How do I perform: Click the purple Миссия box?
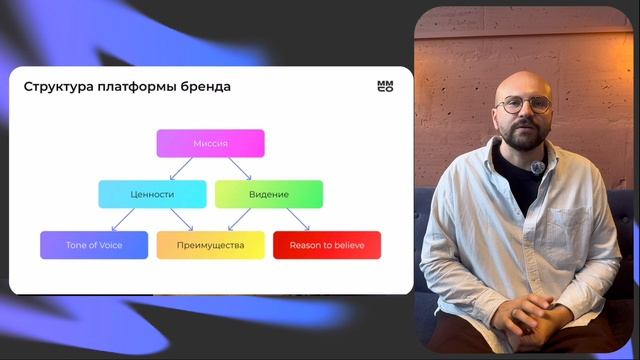210,143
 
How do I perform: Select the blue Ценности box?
152,194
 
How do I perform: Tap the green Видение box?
269,194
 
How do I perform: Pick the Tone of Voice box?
94,245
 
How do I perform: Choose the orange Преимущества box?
210,245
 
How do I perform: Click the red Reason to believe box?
327,245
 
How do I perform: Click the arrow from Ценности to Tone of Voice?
123,219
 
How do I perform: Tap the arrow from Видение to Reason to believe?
298,219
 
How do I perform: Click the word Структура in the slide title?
57,87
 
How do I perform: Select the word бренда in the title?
205,87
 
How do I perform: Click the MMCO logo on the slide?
385,87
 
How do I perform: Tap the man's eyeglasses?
525,104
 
